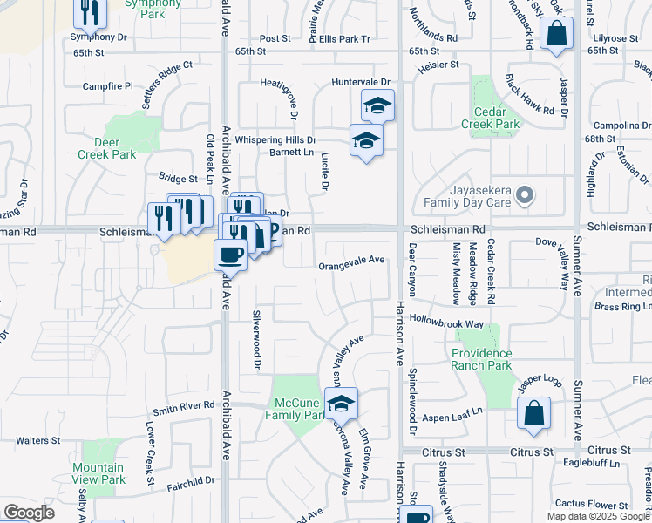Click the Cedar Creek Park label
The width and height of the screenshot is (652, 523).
pyautogui.click(x=497, y=118)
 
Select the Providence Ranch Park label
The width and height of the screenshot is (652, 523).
pyautogui.click(x=482, y=359)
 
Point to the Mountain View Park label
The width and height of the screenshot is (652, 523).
pyautogui.click(x=98, y=474)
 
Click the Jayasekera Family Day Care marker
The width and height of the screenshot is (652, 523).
pyautogui.click(x=524, y=195)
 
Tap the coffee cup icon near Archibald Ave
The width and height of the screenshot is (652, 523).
pyautogui.click(x=230, y=255)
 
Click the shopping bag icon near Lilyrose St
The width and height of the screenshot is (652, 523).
pyautogui.click(x=556, y=35)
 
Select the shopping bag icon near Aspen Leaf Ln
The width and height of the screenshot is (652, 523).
pyautogui.click(x=533, y=414)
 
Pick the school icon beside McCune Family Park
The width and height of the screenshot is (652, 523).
pyautogui.click(x=342, y=404)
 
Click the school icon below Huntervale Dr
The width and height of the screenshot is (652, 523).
pyautogui.click(x=377, y=105)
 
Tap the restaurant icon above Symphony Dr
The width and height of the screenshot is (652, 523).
pyautogui.click(x=90, y=10)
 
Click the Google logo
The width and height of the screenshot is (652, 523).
pyautogui.click(x=29, y=513)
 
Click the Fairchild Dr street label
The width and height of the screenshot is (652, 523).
pyautogui.click(x=191, y=480)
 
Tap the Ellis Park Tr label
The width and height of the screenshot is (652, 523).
pyautogui.click(x=344, y=39)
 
